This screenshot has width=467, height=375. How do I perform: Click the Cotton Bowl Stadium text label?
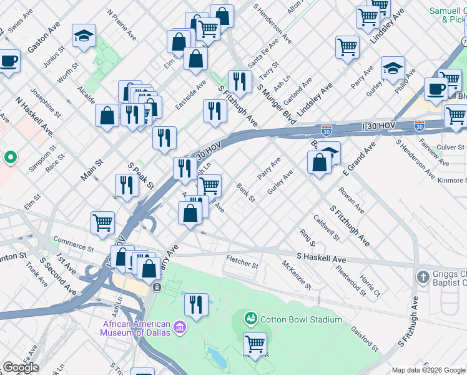(x=301, y=319)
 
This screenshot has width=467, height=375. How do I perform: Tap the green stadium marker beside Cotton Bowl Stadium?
(x=251, y=319)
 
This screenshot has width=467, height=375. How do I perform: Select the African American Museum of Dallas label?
(x=137, y=327)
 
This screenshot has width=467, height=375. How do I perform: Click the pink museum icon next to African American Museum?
(x=179, y=327)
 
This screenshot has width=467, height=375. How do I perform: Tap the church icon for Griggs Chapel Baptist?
(x=423, y=276)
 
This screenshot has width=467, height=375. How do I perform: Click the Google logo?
(x=21, y=367)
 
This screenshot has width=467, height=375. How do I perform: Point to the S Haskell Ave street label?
(x=321, y=257)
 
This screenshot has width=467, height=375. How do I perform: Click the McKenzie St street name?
(x=297, y=276)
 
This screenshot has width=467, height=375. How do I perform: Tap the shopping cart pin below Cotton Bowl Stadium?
(x=255, y=344)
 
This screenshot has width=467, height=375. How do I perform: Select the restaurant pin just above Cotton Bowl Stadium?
(x=196, y=304)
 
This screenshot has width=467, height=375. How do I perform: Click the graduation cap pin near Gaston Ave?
(x=84, y=36)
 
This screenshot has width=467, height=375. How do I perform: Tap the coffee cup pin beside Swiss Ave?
(x=9, y=61)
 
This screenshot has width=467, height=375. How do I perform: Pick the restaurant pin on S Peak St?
(x=127, y=185)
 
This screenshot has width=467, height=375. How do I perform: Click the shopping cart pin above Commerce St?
(x=102, y=222)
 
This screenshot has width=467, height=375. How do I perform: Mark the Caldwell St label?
(x=326, y=228)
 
